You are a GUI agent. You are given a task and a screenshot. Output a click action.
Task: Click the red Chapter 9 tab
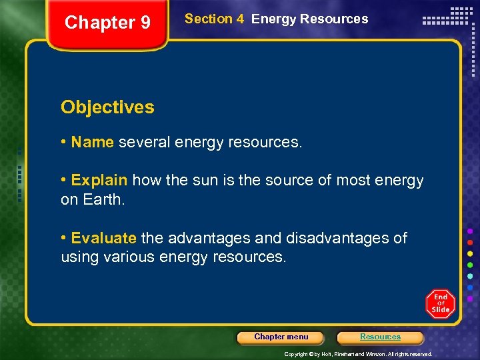(x=107, y=23)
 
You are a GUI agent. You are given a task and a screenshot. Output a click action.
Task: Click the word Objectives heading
(x=107, y=107)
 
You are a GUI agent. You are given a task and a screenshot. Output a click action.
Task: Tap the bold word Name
(x=93, y=142)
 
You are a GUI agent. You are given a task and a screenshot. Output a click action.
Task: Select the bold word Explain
(x=99, y=181)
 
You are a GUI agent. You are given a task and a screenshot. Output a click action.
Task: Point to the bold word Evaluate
(x=103, y=239)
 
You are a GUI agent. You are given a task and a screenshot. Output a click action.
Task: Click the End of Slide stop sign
(x=440, y=304)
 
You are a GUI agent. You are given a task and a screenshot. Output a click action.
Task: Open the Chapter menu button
(x=281, y=337)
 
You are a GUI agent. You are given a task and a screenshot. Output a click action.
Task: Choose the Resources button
(x=380, y=337)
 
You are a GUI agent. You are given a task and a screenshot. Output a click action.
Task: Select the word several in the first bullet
(x=145, y=142)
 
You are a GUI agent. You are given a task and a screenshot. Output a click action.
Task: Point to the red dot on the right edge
(x=471, y=242)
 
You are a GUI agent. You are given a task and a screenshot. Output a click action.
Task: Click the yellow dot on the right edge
(x=471, y=253)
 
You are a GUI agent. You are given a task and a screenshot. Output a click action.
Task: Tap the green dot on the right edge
(x=471, y=265)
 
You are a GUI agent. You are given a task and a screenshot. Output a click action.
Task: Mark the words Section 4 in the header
(x=214, y=19)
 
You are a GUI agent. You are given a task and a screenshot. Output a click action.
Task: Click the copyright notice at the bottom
(x=358, y=354)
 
